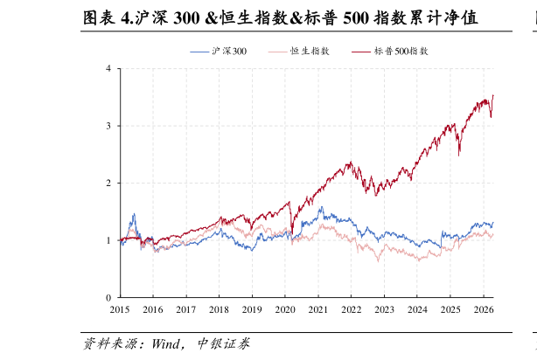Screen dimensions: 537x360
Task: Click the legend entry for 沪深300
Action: point(219,52)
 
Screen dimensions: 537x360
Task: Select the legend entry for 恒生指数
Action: point(298,52)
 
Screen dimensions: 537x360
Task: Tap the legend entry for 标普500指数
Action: point(390,52)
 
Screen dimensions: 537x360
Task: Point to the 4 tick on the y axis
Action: point(108,68)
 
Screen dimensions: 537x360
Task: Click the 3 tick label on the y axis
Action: point(108,126)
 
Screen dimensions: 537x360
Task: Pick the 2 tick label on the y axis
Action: point(108,183)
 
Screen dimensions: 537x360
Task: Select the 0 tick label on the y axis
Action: point(108,298)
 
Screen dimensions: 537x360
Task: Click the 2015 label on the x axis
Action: point(120,309)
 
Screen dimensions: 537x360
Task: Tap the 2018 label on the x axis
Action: point(219,309)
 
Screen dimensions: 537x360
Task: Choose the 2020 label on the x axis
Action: point(285,309)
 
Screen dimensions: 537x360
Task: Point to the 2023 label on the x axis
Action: point(384,309)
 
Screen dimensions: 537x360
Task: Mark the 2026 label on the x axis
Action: point(484,309)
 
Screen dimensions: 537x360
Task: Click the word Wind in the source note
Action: point(165,343)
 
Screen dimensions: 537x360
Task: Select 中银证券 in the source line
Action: point(224,343)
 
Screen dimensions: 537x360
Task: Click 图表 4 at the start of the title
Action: point(108,17)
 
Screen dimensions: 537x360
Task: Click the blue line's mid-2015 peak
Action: point(134,213)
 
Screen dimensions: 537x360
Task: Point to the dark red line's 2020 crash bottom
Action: point(292,234)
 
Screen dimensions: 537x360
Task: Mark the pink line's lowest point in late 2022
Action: point(379,262)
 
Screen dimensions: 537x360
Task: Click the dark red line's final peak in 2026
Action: point(492,95)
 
